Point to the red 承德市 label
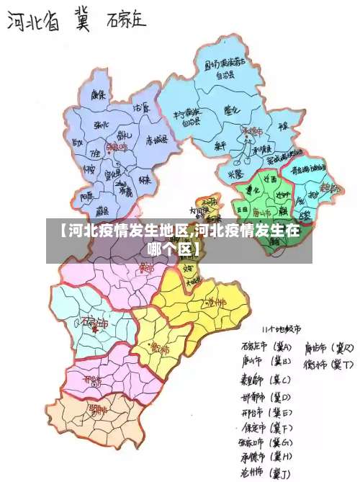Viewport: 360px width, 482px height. [252, 131]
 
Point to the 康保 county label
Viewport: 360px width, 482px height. [97, 94]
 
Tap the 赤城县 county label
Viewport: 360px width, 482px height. [156, 139]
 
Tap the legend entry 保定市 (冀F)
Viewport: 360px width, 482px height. [264, 428]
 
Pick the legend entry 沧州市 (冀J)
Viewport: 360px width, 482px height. [264, 472]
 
